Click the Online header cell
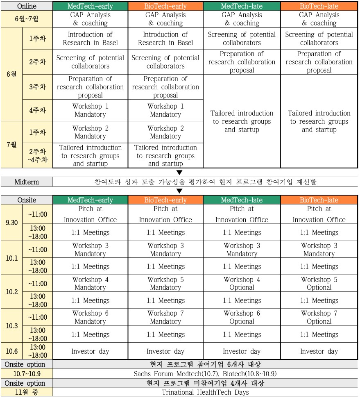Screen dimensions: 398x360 27,6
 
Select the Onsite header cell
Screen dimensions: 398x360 27,200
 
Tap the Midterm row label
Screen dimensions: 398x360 27,182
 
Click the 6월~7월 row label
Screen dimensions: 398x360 27,19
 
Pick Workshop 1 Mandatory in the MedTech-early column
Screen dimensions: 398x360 90,110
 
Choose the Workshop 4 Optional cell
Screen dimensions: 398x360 242,284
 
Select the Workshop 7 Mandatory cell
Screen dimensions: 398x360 165,317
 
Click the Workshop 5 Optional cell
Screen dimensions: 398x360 319,284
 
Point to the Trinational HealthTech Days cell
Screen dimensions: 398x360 205,392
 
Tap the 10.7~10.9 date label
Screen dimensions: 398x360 27,374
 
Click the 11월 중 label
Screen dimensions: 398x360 27,392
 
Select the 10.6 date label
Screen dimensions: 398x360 12,351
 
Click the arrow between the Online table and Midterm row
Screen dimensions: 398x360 179,173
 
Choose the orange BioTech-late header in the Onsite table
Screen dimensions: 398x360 319,200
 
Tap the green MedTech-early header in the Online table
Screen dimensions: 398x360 90,6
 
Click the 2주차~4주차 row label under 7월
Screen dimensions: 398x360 37,156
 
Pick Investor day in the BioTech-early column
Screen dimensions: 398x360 165,351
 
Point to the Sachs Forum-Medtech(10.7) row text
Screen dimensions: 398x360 205,374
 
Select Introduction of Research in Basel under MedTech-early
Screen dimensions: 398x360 90,39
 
